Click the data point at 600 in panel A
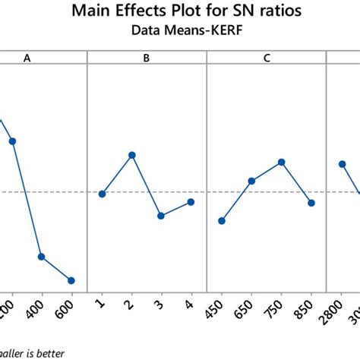tap(71, 280)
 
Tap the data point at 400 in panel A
tap(41, 257)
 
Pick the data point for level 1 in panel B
tap(102, 194)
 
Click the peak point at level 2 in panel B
tap(132, 155)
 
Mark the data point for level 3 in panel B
tap(161, 216)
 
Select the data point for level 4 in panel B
tap(191, 201)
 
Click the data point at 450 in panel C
tap(222, 221)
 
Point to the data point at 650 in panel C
tap(251, 181)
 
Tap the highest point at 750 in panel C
tap(282, 162)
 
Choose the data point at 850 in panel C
tap(311, 203)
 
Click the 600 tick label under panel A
tap(69, 307)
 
